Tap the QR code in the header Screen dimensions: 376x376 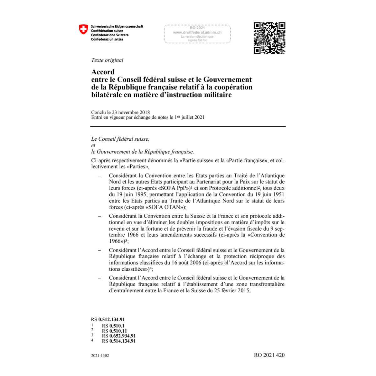(269, 38)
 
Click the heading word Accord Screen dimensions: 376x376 (103, 72)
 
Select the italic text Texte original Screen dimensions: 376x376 (107, 60)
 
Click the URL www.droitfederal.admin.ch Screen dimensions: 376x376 (197, 32)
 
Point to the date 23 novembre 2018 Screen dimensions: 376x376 (131, 112)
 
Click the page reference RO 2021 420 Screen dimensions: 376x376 (269, 355)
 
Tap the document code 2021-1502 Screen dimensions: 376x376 (100, 356)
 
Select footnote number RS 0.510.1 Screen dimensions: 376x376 (113, 326)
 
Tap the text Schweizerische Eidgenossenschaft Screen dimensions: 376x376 (117, 27)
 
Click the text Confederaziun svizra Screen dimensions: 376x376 (107, 39)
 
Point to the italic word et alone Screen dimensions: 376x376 (93, 145)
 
